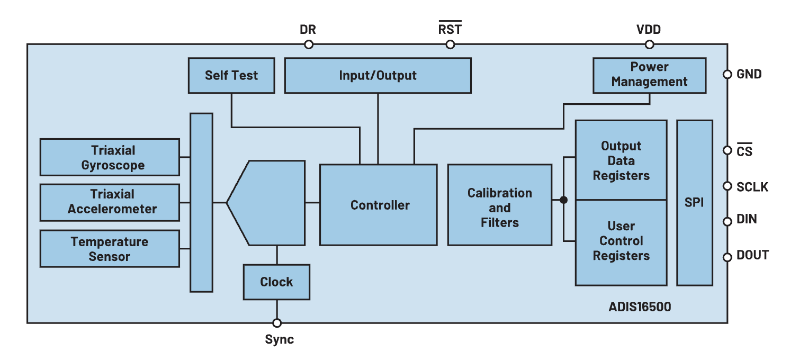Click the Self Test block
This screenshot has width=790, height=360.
click(x=231, y=75)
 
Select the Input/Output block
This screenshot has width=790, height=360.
click(x=378, y=75)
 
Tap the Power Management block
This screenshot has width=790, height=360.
click(x=649, y=75)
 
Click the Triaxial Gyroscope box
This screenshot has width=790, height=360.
click(x=110, y=157)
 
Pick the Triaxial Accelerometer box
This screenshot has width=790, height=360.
click(x=110, y=202)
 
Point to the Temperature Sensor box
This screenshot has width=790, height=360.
click(x=110, y=249)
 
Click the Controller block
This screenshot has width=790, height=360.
click(x=379, y=204)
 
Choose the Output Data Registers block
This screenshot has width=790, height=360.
click(x=621, y=160)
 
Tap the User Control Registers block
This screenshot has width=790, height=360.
click(x=621, y=241)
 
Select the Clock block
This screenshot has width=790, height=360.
click(x=276, y=282)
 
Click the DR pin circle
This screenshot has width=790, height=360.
click(x=308, y=44)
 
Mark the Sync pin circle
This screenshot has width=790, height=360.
click(x=276, y=323)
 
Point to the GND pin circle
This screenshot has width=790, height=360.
click(x=728, y=75)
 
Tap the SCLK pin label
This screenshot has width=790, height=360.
click(x=752, y=187)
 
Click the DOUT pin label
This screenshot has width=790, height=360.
click(x=752, y=256)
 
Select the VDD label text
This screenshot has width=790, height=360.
click(x=649, y=30)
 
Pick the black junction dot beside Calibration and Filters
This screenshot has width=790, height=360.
click(x=563, y=200)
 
